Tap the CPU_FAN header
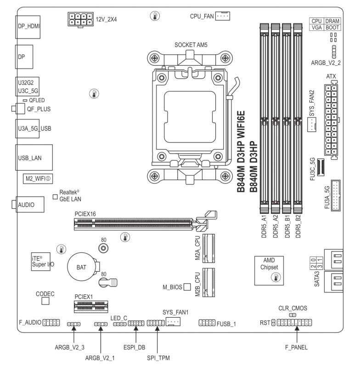pyautogui.click(x=223, y=17)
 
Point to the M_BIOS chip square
pyautogui.click(x=187, y=287)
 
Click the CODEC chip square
pyautogui.click(x=45, y=301)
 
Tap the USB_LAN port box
pyautogui.click(x=33, y=157)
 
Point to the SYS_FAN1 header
pyautogui.click(x=173, y=322)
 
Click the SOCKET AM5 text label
pyautogui.click(x=191, y=46)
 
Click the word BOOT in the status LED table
pyautogui.click(x=332, y=28)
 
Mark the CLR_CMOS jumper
pyautogui.click(x=292, y=315)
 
